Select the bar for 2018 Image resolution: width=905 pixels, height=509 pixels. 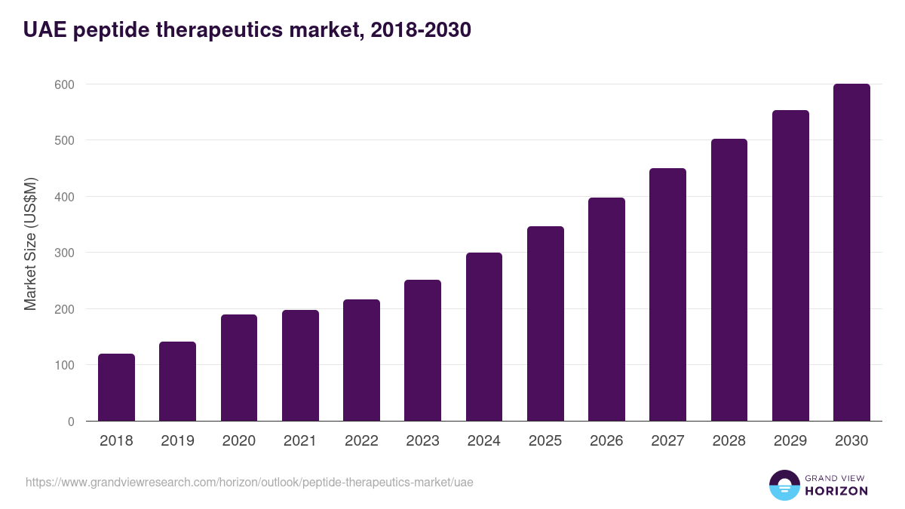(116, 388)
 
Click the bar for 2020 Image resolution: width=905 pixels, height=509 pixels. (239, 368)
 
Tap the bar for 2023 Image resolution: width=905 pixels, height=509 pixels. (422, 351)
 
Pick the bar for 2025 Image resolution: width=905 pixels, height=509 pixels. (545, 323)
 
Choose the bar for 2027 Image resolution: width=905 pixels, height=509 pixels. (668, 295)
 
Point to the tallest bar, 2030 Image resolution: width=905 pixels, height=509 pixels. (851, 253)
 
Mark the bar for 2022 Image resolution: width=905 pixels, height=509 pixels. (361, 360)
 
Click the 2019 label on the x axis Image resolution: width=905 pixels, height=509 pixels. (177, 441)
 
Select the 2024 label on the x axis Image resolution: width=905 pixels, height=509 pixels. (483, 441)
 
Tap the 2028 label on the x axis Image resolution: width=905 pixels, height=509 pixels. (729, 441)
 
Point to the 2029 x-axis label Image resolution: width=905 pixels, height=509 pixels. (790, 441)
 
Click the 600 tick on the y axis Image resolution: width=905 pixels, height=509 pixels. (65, 84)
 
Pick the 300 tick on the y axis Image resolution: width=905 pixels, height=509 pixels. (65, 253)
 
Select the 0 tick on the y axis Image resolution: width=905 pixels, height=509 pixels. (71, 422)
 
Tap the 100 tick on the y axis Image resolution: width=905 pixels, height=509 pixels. (65, 365)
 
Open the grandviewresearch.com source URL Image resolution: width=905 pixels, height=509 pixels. (250, 482)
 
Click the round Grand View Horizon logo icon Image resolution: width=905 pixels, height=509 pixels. (784, 485)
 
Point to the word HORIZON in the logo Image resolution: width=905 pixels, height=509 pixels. (836, 491)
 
